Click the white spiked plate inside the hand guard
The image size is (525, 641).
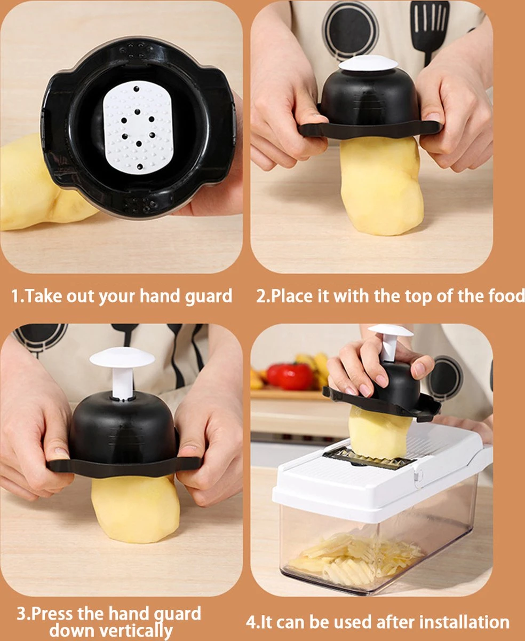(x=138, y=127)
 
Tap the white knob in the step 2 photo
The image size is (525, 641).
(x=368, y=63)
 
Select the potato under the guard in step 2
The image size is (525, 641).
(x=381, y=185)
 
